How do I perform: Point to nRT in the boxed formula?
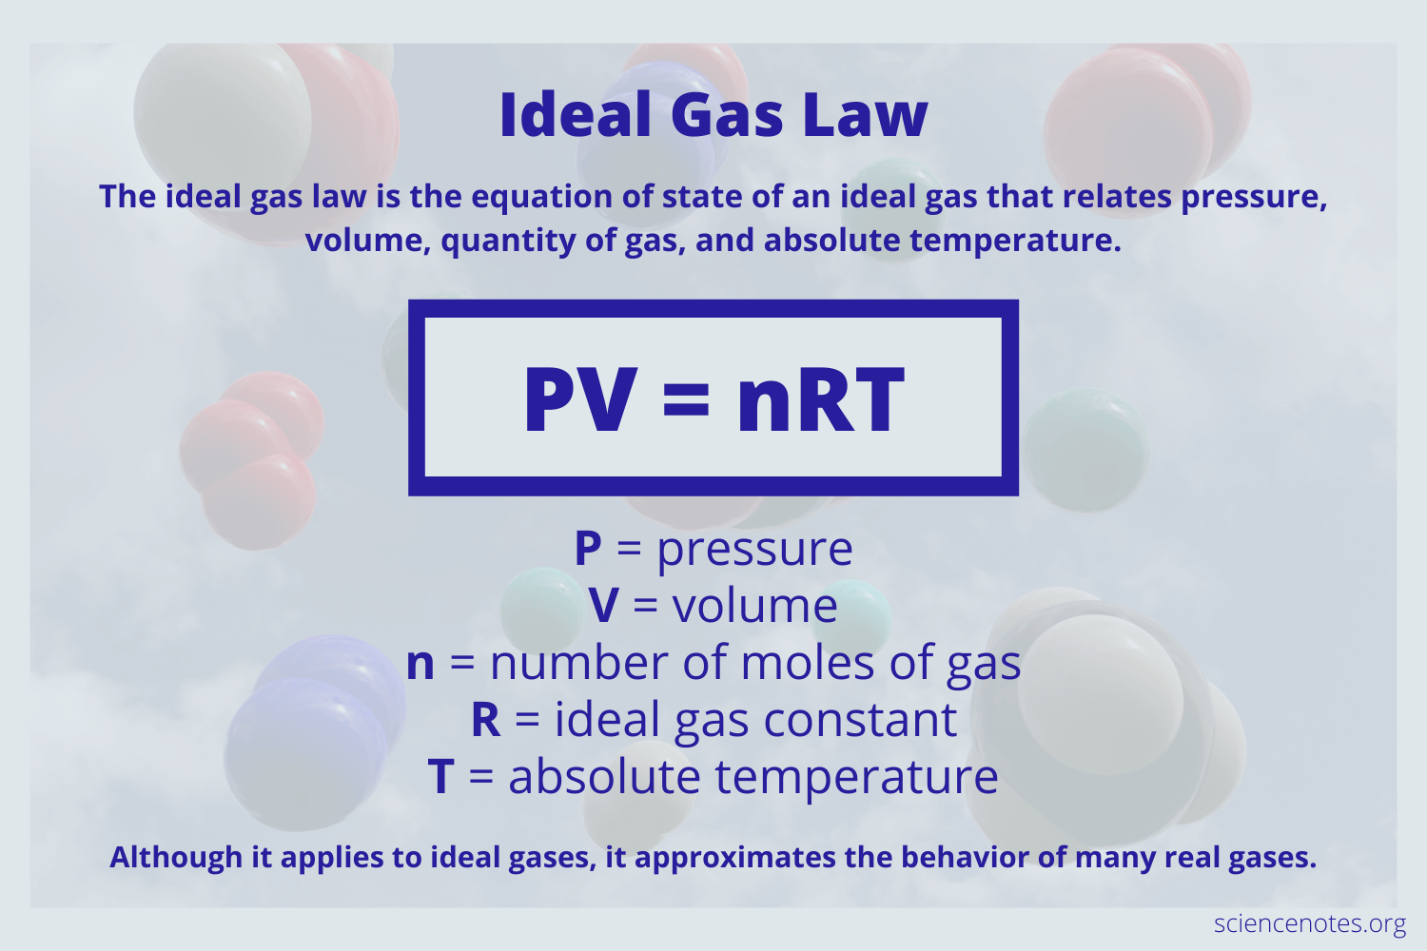pyautogui.click(x=820, y=400)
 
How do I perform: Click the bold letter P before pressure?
pyautogui.click(x=588, y=549)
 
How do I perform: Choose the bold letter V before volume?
pyautogui.click(x=603, y=606)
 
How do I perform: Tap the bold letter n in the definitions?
pyautogui.click(x=420, y=664)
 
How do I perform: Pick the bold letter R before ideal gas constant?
pyautogui.click(x=485, y=720)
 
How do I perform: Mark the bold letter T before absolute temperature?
pyautogui.click(x=440, y=777)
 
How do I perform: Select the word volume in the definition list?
pyautogui.click(x=754, y=606)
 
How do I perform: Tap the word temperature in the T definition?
pyautogui.click(x=856, y=778)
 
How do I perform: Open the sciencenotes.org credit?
pyautogui.click(x=1309, y=923)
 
